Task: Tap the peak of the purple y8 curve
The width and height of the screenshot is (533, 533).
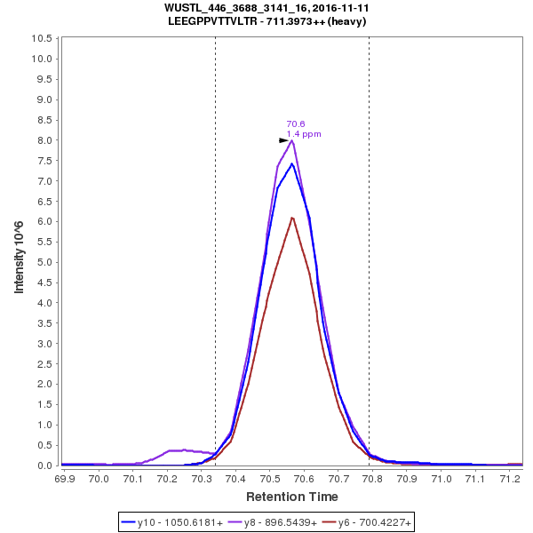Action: tap(292, 140)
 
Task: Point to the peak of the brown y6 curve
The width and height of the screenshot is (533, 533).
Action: tap(292, 218)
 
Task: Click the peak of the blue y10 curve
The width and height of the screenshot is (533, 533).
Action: tap(292, 163)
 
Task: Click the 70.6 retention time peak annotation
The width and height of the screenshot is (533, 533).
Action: tap(296, 124)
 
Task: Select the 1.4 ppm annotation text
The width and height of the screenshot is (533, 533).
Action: tap(304, 134)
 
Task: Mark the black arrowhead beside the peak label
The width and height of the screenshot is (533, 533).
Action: tap(284, 140)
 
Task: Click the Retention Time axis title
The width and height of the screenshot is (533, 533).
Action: tap(291, 497)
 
